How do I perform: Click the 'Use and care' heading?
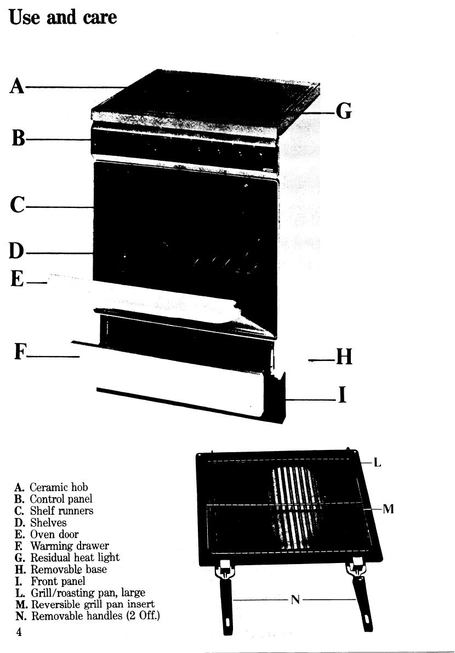point(63,18)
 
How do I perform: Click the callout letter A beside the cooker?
point(18,86)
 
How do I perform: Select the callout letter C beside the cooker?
point(18,208)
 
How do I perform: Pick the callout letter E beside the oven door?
point(18,280)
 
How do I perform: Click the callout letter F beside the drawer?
point(19,351)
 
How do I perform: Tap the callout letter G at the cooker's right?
point(343,111)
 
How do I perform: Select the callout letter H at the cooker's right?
point(343,357)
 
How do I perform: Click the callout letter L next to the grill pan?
point(377,463)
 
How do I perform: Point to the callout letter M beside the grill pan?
point(388,509)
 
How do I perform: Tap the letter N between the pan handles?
point(295,600)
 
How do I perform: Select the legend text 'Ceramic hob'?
point(59,487)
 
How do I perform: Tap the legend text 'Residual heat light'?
point(75,558)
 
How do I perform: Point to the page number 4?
point(19,633)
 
